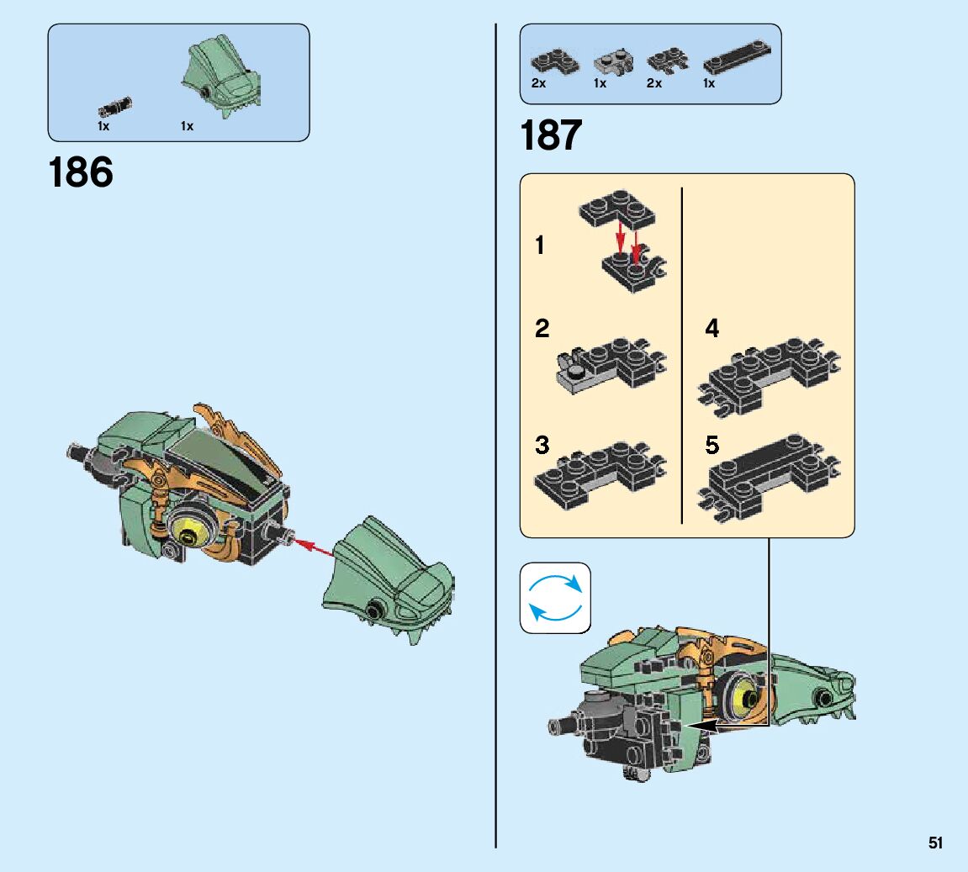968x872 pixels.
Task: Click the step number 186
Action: tap(81, 172)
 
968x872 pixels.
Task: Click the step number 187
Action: tap(551, 135)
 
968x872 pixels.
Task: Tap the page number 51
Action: tap(936, 843)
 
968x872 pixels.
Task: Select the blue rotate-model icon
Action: tap(555, 598)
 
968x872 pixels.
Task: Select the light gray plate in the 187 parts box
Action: tap(613, 62)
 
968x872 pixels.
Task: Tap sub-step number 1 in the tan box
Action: tap(540, 246)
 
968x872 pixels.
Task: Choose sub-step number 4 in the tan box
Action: tap(712, 329)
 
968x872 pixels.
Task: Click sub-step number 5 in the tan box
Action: tap(712, 445)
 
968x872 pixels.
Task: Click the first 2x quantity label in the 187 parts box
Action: tap(538, 83)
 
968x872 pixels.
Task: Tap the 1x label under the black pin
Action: tap(103, 126)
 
